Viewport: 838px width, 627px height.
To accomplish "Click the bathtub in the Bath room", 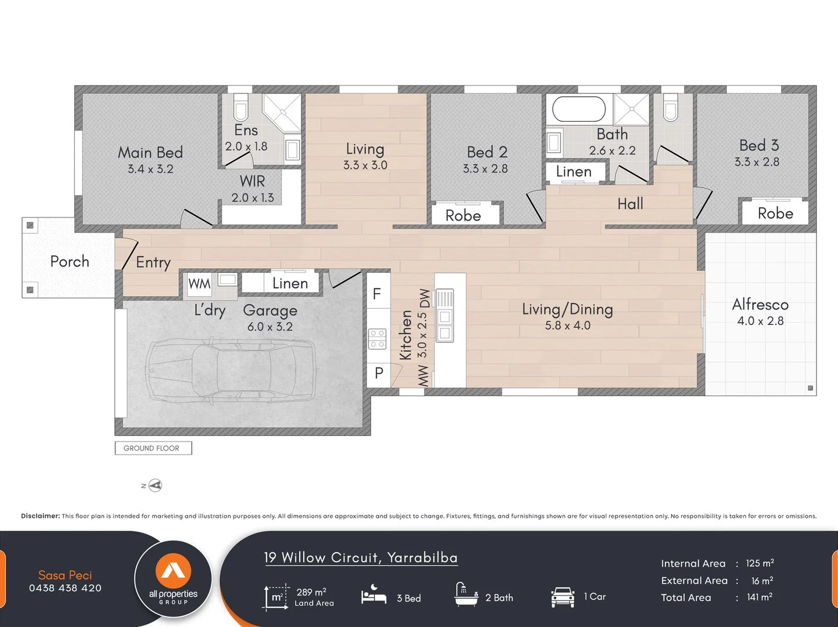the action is tap(579, 109).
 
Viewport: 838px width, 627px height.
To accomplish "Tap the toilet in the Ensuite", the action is tap(240, 107).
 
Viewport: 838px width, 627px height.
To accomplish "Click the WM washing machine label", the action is tap(199, 283).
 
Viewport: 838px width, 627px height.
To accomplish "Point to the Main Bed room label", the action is tap(150, 153).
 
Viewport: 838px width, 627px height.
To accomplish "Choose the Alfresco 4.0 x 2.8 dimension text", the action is tap(760, 321).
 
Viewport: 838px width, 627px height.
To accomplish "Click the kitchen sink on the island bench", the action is tap(445, 315).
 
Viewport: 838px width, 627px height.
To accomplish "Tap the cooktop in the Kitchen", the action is tap(377, 339).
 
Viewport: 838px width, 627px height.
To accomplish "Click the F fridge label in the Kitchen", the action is tap(377, 294).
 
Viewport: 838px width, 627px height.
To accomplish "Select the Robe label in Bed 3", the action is tap(775, 213).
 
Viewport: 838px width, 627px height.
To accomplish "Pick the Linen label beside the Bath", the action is tap(574, 172).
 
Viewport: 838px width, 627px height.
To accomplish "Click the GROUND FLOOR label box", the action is tap(153, 448).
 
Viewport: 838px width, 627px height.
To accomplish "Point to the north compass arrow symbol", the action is tap(155, 485).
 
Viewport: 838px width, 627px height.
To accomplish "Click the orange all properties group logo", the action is tap(173, 571).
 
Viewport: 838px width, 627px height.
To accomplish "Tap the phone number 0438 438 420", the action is tap(65, 588).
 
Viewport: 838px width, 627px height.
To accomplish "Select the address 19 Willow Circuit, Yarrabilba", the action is tap(361, 557).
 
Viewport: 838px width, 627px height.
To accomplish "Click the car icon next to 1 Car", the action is tap(563, 597).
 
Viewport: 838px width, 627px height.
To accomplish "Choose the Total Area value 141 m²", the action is tap(760, 597).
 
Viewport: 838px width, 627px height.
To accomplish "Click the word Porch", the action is tap(70, 261).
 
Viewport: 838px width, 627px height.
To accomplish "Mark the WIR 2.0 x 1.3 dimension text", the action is tap(253, 197).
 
